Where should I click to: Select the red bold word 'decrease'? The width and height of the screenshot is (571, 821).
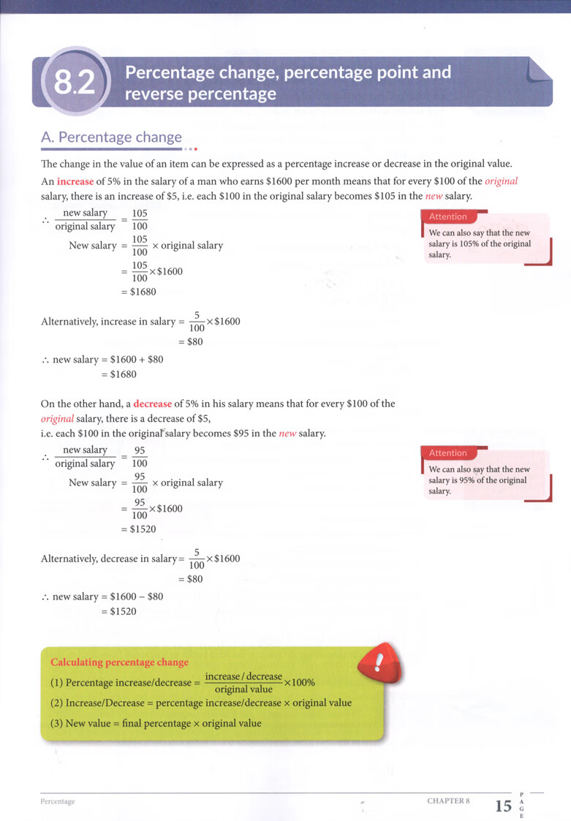coord(152,404)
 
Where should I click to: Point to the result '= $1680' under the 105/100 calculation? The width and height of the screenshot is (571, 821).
coord(138,292)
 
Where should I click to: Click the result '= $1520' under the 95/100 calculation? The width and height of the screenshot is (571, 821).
coord(138,529)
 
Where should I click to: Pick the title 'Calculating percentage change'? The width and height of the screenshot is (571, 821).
coord(119,662)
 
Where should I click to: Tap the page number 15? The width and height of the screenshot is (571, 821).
coord(503,807)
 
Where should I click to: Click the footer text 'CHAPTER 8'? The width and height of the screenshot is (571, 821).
coord(447,801)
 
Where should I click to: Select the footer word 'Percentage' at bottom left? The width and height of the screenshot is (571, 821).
coord(58,801)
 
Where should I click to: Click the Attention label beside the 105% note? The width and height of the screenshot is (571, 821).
coord(448,217)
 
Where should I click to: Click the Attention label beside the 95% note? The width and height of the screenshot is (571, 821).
coord(448,453)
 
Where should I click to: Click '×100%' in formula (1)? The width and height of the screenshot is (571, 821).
coord(299,683)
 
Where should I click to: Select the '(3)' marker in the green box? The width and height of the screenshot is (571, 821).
coord(57,724)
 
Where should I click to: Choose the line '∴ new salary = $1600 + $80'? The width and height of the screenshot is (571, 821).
coord(102,360)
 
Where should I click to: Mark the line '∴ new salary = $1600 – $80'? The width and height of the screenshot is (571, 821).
coord(102,597)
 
